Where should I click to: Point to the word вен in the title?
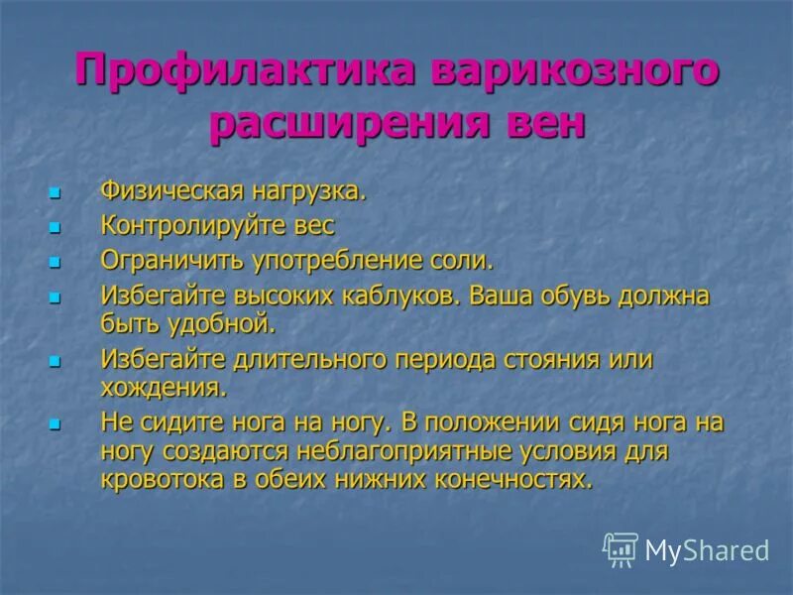pos(541,125)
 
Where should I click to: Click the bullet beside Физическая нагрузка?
pos(56,191)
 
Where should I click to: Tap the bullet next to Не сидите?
pos(56,423)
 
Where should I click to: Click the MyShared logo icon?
pos(621,549)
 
